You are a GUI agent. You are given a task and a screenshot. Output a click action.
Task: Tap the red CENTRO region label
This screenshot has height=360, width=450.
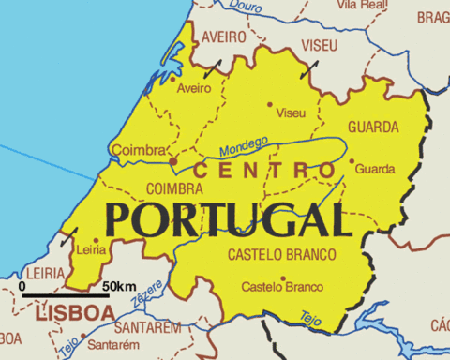[x=264, y=171]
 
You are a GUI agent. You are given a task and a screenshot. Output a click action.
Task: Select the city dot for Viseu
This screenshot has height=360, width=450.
[x=270, y=104]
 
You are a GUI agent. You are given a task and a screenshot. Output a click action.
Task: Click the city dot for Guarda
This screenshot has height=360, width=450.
[x=352, y=160]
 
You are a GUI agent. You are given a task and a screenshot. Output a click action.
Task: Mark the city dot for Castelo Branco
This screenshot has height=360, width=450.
[x=283, y=277]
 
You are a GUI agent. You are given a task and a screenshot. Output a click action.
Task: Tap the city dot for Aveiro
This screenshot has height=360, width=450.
[x=175, y=79]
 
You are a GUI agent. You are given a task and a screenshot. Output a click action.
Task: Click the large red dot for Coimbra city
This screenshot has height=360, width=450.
[x=172, y=160]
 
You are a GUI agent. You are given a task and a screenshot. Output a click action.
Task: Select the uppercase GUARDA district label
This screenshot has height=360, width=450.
[x=373, y=127]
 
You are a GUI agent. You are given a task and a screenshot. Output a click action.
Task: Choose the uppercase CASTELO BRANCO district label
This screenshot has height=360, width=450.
[x=277, y=254]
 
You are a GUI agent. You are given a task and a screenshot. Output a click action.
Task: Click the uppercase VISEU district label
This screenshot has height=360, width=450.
[x=320, y=45]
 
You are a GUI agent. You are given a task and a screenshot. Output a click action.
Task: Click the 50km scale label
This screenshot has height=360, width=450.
[x=119, y=285]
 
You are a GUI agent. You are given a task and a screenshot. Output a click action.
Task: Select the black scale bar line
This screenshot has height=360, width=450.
[x=65, y=296]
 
